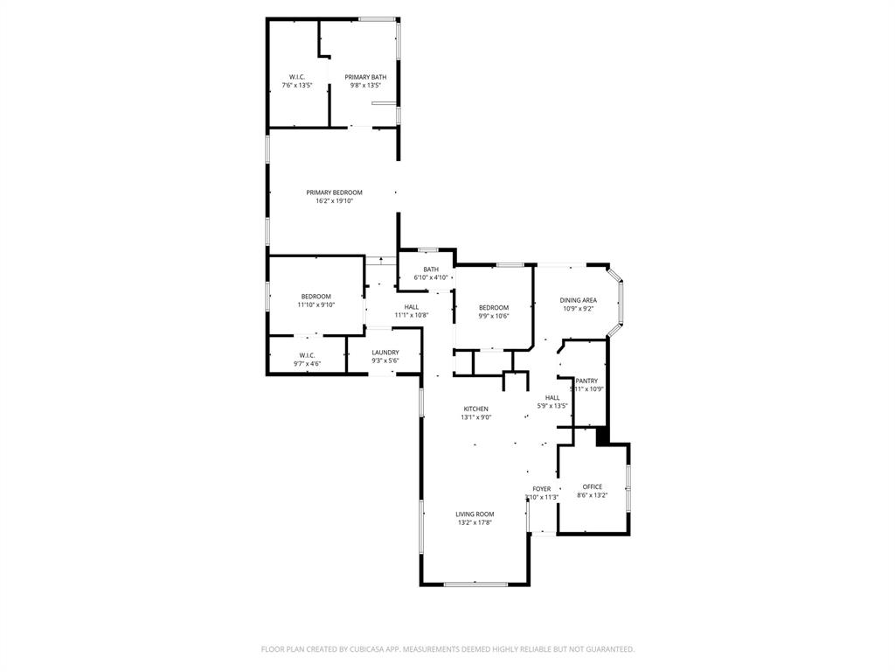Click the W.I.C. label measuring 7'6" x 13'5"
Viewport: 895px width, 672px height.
tap(296, 81)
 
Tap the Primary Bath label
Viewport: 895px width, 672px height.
tap(365, 81)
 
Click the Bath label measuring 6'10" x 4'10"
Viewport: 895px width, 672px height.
tap(431, 273)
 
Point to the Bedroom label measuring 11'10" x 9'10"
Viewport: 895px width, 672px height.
tap(316, 300)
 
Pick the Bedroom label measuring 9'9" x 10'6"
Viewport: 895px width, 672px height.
tap(494, 311)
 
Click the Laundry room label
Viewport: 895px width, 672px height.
tap(385, 356)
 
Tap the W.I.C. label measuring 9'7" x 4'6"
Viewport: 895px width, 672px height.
tap(307, 359)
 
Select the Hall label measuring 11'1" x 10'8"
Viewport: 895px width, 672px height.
tap(411, 311)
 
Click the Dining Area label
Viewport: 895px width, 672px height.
tap(578, 304)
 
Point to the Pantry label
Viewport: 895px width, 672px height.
tap(586, 384)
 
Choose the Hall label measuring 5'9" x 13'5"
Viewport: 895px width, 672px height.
tap(552, 401)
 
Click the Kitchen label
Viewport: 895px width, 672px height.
tap(476, 412)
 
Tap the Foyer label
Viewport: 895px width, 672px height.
tap(541, 493)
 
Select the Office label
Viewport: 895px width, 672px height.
tap(592, 491)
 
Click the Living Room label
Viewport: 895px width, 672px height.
tap(475, 518)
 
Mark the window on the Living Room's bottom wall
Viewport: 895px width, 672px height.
tap(475, 584)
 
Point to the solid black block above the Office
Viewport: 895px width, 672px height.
tap(601, 435)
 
